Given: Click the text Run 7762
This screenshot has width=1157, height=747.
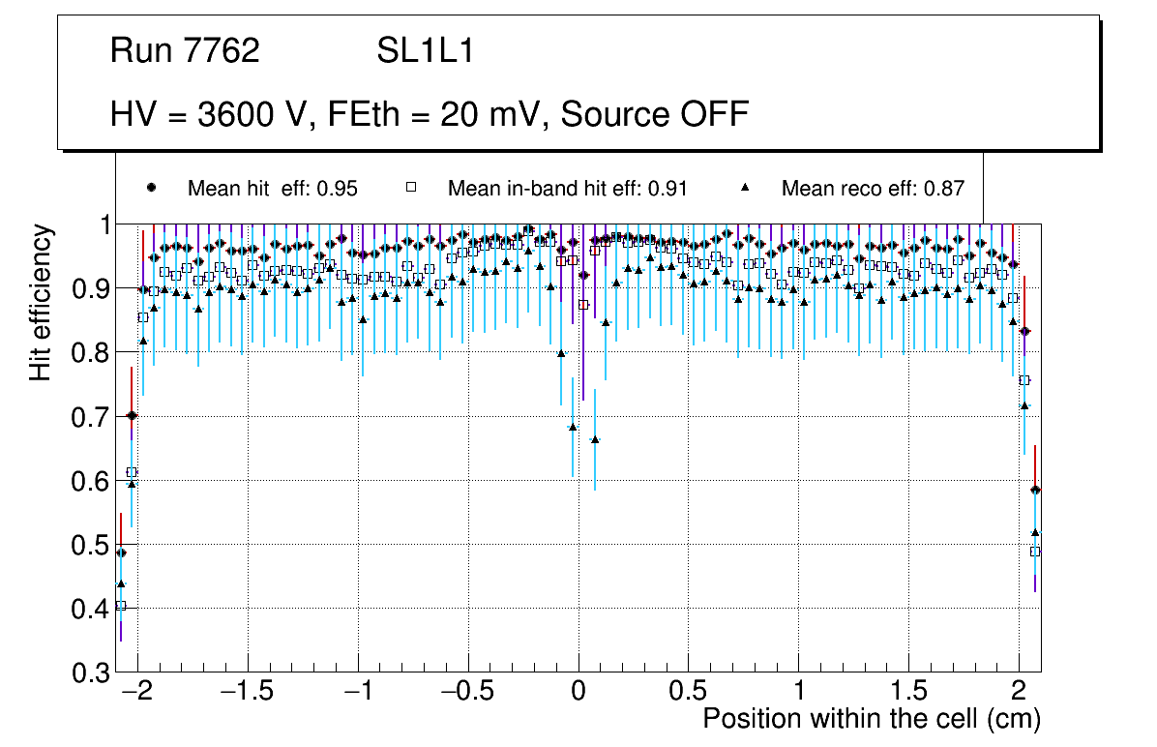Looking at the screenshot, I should coord(185,51).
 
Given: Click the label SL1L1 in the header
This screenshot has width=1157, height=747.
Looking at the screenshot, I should coord(425,51).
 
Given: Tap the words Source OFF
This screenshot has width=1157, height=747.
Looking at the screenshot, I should coord(655,114).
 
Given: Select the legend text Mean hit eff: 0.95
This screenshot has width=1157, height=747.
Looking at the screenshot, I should coord(272,189).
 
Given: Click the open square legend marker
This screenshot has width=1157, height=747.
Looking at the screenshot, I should coord(410,188).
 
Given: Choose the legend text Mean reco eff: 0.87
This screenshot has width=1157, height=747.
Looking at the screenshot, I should coord(873,189).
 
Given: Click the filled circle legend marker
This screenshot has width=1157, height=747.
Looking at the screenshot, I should coord(151,188).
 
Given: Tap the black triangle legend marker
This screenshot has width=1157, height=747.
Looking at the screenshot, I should coord(746,188).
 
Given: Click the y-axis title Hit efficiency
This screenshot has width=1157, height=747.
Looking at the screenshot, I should coord(41,302).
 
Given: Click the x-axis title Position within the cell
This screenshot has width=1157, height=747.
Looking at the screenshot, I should coord(871,720).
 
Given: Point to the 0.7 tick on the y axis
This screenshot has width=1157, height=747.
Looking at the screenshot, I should coord(89,417).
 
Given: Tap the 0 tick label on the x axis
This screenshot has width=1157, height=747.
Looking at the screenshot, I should coord(578,693).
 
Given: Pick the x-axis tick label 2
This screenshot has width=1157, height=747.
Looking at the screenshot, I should coord(1019,693).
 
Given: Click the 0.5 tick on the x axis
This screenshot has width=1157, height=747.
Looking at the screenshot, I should coord(688,693).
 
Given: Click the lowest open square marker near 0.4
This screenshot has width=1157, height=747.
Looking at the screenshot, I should coord(121,606).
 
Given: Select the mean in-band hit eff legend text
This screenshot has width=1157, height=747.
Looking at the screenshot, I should coord(567,189).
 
